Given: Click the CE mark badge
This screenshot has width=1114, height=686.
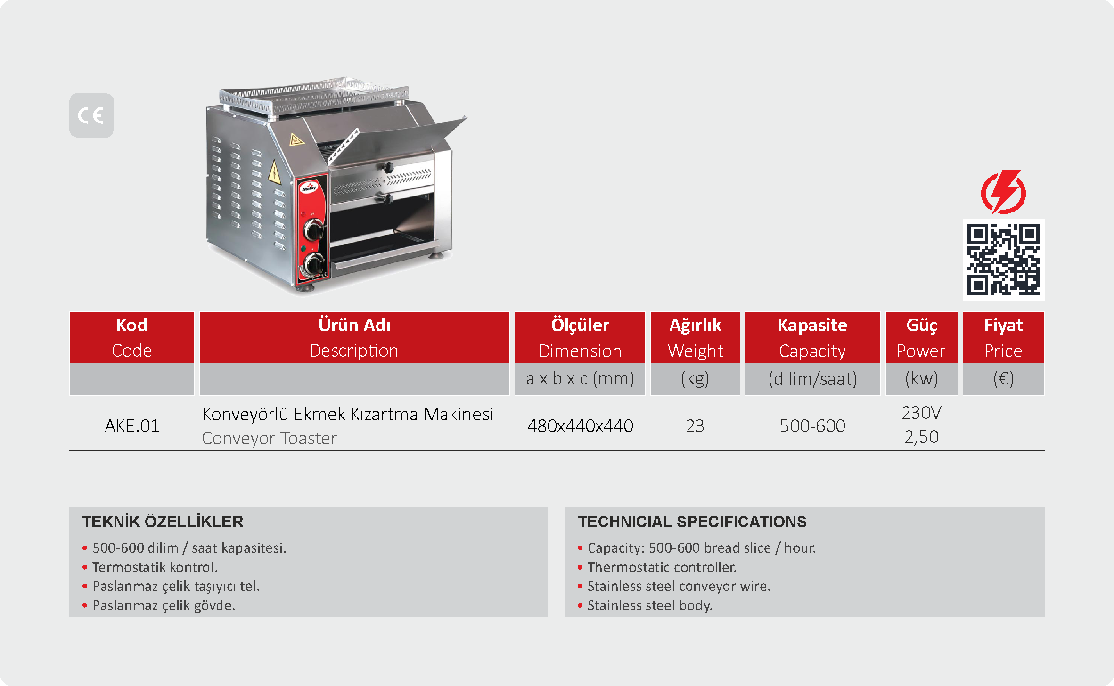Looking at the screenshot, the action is click(91, 115).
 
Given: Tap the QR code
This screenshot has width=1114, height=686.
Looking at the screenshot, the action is click(1003, 260).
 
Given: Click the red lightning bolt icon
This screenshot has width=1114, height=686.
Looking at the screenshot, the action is click(1003, 192).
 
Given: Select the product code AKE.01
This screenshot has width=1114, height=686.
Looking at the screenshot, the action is click(132, 426).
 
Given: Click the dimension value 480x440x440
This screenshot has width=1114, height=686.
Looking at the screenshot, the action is click(580, 426).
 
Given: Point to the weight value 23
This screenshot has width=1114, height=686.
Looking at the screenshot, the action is click(695, 426).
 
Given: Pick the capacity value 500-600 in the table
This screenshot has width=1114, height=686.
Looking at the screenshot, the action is click(812, 426).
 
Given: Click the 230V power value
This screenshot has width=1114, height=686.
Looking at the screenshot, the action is click(921, 413).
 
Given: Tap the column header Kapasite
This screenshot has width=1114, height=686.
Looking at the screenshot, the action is click(812, 325).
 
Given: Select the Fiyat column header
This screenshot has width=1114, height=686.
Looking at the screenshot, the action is click(1003, 325).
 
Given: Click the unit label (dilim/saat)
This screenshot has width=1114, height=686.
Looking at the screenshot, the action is click(812, 379).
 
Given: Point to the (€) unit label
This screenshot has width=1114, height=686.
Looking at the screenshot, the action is click(1003, 379).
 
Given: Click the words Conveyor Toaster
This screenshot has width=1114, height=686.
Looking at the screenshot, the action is click(270, 438).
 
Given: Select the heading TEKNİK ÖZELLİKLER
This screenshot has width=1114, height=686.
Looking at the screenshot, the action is click(163, 522).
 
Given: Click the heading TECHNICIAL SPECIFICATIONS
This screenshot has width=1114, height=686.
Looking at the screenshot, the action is click(692, 522).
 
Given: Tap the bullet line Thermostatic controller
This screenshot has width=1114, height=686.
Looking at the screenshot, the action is click(662, 567).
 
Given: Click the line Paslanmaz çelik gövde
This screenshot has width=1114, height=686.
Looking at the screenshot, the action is click(164, 605).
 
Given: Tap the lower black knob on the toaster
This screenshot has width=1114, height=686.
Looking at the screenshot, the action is click(314, 263).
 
